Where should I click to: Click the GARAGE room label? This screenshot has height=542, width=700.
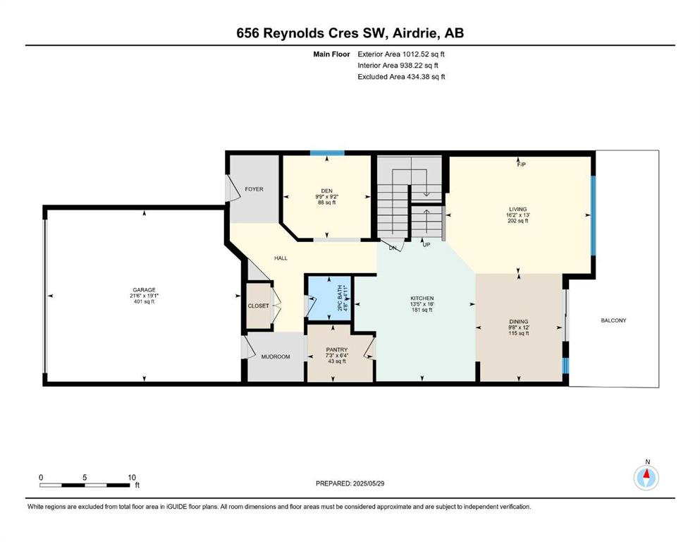click(144, 289)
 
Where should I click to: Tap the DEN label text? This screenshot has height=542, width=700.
click(327, 191)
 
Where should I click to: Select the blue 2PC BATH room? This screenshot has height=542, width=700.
click(329, 299)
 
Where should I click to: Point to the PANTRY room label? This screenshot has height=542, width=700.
click(337, 349)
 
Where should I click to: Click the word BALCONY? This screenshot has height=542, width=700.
click(613, 320)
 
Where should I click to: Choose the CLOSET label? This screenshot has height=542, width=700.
click(259, 306)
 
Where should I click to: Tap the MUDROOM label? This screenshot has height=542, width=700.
click(276, 356)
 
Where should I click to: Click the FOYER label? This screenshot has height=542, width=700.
click(254, 189)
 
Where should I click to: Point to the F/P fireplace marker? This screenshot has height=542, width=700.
click(521, 164)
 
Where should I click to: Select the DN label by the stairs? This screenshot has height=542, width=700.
click(393, 248)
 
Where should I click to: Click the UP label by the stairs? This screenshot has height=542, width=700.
click(426, 245)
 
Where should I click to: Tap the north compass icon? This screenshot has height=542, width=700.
click(646, 478)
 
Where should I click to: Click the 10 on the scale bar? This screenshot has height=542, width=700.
click(132, 477)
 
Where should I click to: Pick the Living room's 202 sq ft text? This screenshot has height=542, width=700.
click(518, 221)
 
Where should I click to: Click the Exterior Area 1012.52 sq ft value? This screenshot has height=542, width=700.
click(401, 54)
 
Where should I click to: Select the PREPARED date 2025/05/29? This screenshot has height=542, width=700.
click(368, 483)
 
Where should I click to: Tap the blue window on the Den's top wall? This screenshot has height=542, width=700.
click(327, 153)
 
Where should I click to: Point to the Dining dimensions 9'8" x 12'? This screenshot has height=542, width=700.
click(518, 327)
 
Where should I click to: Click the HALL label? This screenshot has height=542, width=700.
click(281, 258)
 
